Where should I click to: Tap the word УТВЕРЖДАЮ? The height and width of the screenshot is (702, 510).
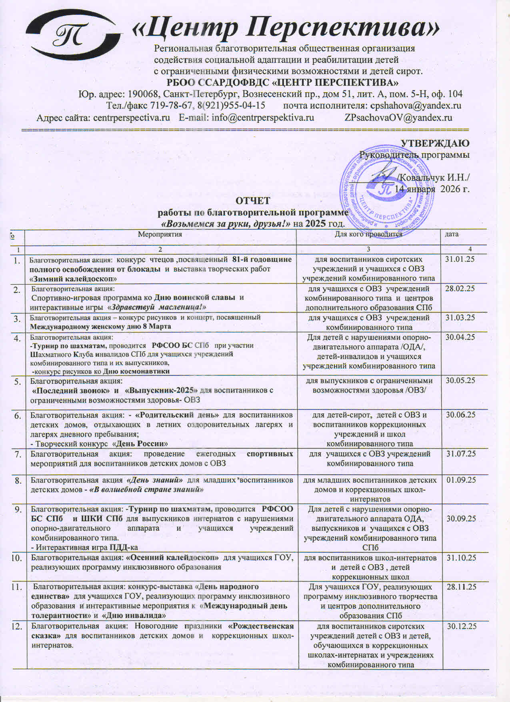click(435, 143)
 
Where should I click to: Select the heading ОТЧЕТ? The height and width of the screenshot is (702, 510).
click(253, 201)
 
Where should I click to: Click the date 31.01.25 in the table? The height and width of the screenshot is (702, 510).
click(460, 259)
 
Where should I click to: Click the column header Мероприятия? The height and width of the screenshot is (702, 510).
click(160, 235)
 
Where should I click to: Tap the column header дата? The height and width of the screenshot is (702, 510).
click(452, 234)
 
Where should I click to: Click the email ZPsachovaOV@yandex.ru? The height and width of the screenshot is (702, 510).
click(398, 118)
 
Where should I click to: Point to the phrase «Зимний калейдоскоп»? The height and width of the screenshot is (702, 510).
click(73, 279)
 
